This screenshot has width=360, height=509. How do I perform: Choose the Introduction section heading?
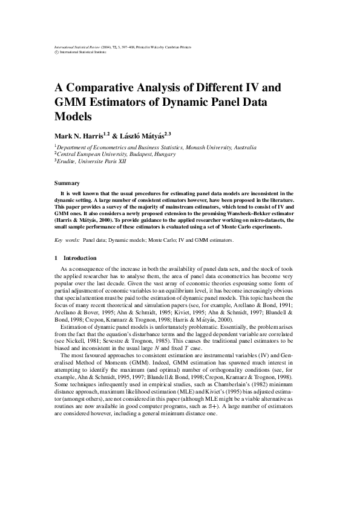(76, 258)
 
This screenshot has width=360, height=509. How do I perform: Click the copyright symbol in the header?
(56, 53)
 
